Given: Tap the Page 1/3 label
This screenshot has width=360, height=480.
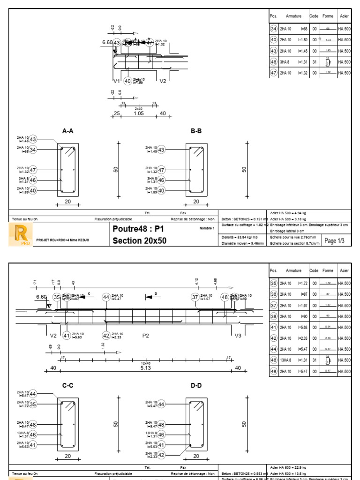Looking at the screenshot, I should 334,241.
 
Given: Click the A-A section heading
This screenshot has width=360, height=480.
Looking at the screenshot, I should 68,131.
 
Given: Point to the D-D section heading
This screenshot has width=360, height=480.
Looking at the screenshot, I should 196,385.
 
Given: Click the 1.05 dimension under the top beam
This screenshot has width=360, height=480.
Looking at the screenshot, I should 138,113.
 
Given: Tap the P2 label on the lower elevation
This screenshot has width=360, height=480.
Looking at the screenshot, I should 145,336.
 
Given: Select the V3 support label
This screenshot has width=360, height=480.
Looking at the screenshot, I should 238,336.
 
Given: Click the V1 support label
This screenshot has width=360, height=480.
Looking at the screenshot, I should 116,81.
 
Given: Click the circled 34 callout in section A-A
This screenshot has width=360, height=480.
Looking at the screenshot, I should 33,150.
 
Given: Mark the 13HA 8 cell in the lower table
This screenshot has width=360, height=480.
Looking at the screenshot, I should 286,360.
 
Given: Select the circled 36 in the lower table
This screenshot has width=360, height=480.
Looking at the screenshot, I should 274,294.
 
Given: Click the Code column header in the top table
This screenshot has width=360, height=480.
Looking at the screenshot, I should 314,16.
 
